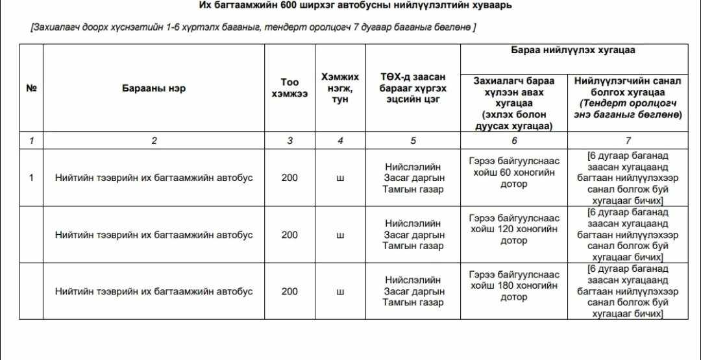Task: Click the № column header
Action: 31,88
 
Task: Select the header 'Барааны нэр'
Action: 154,88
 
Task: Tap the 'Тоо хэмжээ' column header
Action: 289,88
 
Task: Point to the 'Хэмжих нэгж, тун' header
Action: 340,88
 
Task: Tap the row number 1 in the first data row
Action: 31,178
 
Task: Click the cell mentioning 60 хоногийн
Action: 514,172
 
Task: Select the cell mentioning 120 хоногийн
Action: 514,229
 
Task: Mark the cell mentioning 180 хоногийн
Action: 514,285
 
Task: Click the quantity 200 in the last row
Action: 289,291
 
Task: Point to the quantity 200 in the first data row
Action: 289,178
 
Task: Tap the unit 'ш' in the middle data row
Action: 340,235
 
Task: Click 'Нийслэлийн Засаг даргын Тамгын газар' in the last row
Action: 413,291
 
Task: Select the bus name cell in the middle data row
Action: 154,235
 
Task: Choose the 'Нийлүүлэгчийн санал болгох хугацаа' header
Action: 627,97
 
